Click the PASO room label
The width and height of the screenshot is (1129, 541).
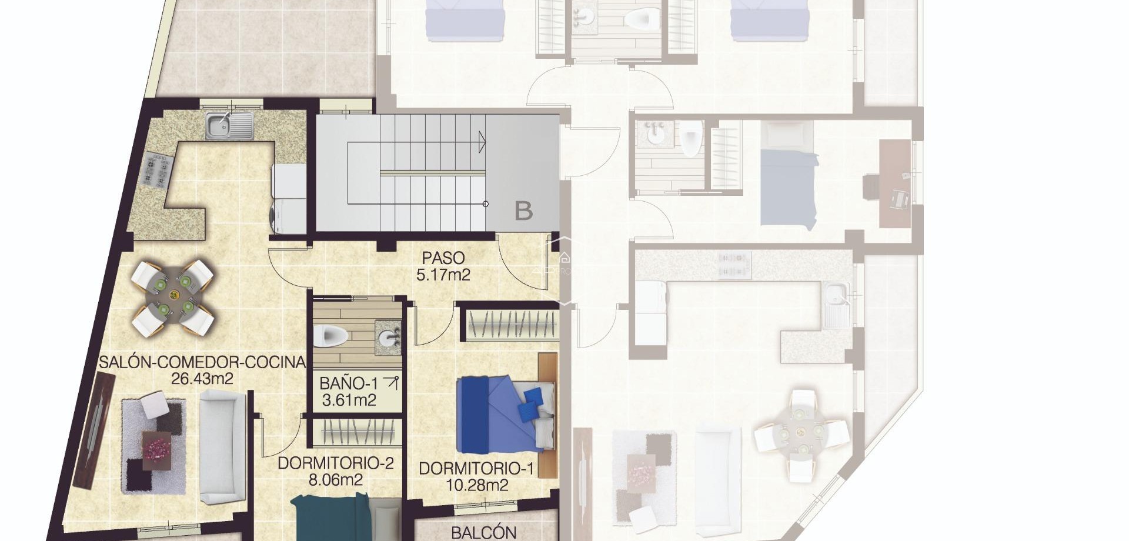[443, 258]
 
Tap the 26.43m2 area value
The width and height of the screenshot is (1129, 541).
[202, 378]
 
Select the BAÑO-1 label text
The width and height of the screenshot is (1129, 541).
[349, 383]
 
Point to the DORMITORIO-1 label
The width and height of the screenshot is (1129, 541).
[476, 469]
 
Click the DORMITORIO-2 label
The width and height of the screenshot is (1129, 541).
[335, 463]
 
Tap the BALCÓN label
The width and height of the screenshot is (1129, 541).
[483, 532]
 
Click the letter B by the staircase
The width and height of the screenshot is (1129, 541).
[523, 211]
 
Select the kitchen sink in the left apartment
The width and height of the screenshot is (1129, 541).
[229, 126]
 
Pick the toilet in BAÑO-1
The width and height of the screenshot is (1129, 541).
[325, 336]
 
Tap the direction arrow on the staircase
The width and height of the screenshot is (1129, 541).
[482, 142]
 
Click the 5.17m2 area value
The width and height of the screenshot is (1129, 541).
[443, 274]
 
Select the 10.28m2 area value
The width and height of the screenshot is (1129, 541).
[476, 485]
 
